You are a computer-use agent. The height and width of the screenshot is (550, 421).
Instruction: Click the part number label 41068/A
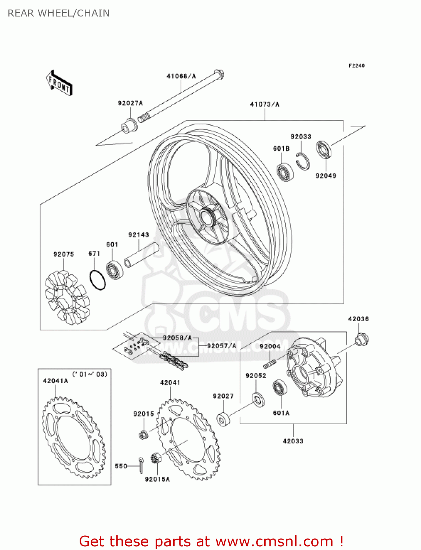coord(181,76)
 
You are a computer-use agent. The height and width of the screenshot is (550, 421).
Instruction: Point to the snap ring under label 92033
coord(303,161)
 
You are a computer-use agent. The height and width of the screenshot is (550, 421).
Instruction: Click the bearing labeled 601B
coord(284,172)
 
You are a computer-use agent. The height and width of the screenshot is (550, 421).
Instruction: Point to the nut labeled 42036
coord(362,339)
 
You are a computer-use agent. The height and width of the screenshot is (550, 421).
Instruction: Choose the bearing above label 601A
coord(280,388)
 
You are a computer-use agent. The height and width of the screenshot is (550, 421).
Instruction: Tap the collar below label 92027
coord(223,419)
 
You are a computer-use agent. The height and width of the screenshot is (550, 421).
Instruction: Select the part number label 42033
coord(293,441)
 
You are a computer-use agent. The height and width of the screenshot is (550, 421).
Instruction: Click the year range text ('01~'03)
coord(90,374)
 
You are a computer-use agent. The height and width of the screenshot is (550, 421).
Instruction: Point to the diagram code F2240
coord(356,66)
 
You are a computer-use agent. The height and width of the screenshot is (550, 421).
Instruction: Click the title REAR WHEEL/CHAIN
coord(59,13)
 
